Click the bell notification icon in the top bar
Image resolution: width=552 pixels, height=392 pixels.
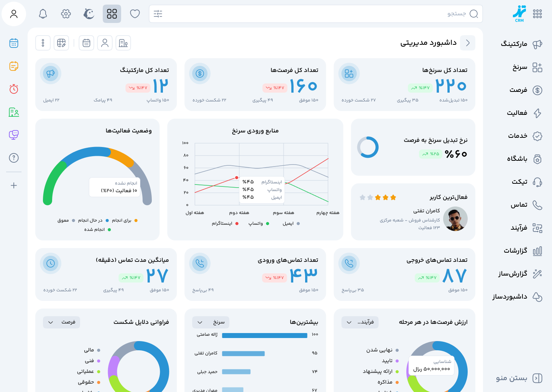pyautogui.click(x=43, y=14)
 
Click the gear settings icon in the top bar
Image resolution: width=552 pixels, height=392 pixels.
pyautogui.click(x=66, y=14)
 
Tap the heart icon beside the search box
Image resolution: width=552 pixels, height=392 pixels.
pyautogui.click(x=135, y=14)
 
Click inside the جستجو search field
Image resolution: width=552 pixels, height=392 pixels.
pyautogui.click(x=314, y=14)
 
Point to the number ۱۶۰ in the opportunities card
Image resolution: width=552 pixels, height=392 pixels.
pyautogui.click(x=303, y=86)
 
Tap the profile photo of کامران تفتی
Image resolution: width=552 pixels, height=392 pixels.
pyautogui.click(x=455, y=219)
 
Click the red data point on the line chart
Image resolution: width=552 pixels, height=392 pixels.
pyautogui.click(x=237, y=178)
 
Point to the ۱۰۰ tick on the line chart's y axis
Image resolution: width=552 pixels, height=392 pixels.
pyautogui.click(x=185, y=143)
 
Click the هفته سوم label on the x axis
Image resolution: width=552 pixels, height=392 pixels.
pyautogui.click(x=283, y=213)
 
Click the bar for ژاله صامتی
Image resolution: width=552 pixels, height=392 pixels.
pyautogui.click(x=264, y=335)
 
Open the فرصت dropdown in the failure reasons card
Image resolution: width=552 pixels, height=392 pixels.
pyautogui.click(x=61, y=322)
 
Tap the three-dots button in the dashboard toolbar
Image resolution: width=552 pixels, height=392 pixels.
pyautogui.click(x=43, y=43)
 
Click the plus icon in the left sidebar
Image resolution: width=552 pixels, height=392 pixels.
pyautogui.click(x=14, y=186)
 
